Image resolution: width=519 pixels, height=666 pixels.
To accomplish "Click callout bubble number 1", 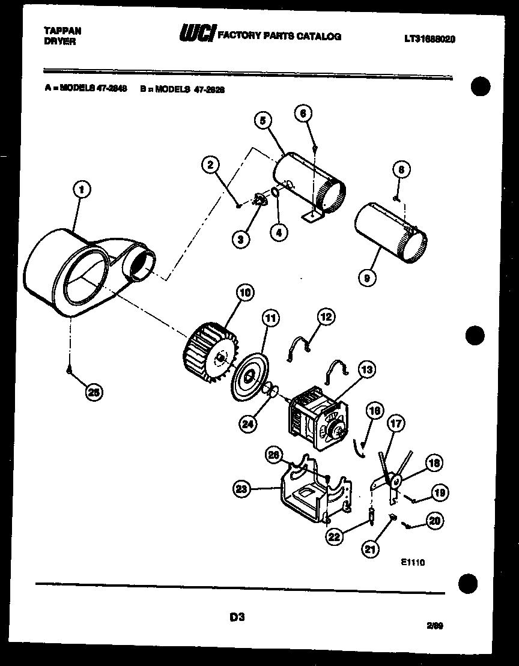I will point(82,190).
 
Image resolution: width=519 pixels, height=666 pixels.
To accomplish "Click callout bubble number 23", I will point(241,489).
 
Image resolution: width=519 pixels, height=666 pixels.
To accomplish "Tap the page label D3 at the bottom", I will point(236,616).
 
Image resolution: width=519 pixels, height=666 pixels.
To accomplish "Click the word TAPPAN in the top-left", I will point(62,30).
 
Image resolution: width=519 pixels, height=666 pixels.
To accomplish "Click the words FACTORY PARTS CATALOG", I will point(279,36).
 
